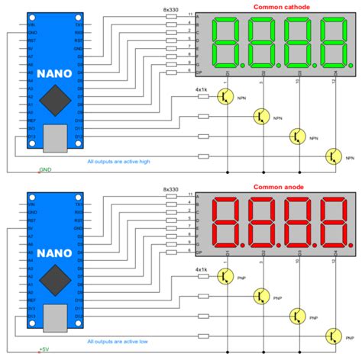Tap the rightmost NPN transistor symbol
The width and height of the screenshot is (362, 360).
[331, 156]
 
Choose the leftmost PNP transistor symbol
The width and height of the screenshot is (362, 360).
[225, 276]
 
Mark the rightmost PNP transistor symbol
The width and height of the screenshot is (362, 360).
[331, 336]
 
